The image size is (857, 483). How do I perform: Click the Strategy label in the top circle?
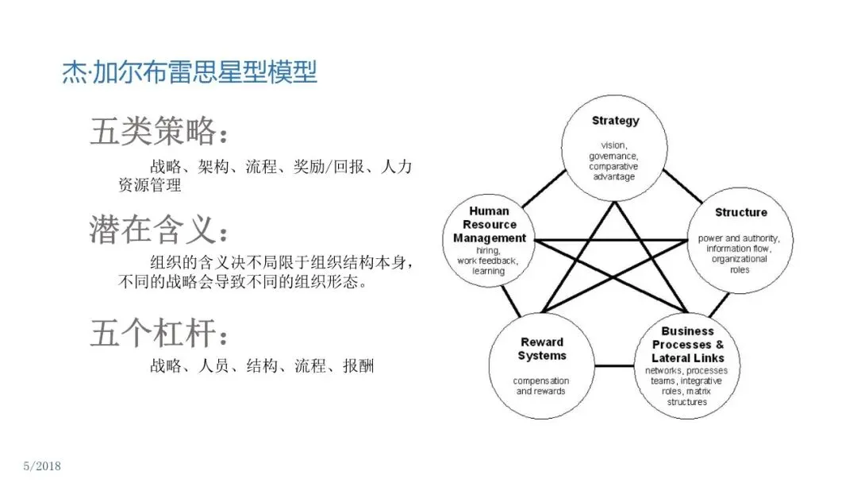coord(615,121)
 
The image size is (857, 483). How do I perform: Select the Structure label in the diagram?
coord(740,212)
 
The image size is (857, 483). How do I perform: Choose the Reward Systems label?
coord(543,349)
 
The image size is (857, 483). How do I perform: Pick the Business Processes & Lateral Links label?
coord(687,344)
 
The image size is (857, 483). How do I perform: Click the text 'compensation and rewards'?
coord(541,386)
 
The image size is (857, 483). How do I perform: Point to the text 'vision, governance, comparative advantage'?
coord(613,161)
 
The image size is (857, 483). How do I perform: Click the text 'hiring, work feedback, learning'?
coord(488,260)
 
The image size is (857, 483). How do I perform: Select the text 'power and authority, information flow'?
coord(739,243)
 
